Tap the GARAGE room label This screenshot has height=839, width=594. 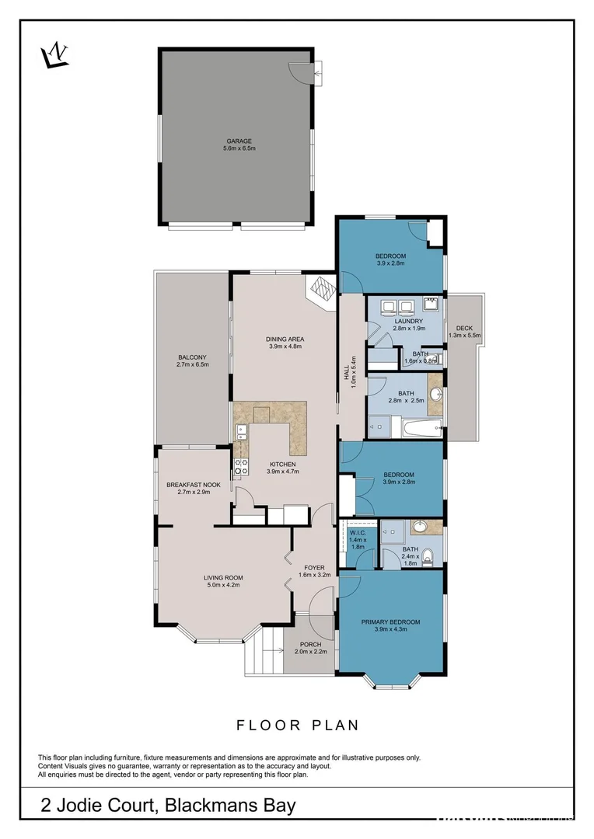click(239, 141)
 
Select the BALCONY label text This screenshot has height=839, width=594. click(193, 357)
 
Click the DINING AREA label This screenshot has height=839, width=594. click(285, 339)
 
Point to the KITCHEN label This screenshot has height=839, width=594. click(282, 464)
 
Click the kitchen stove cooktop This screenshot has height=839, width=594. click(242, 466)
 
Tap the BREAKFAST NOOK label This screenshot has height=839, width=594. click(194, 485)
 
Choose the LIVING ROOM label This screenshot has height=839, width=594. click(224, 577)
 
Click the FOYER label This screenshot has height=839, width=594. click(315, 568)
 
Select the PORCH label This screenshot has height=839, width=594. click(310, 644)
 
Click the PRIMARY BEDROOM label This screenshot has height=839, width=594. click(391, 621)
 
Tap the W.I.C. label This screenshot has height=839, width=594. click(357, 533)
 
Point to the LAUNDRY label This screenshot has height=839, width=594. click(408, 321)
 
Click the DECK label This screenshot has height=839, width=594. click(464, 328)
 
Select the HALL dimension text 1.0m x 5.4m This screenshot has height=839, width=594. click(354, 372)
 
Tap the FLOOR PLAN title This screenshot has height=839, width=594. click(298, 726)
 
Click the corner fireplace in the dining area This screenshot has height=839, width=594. click(321, 289)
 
